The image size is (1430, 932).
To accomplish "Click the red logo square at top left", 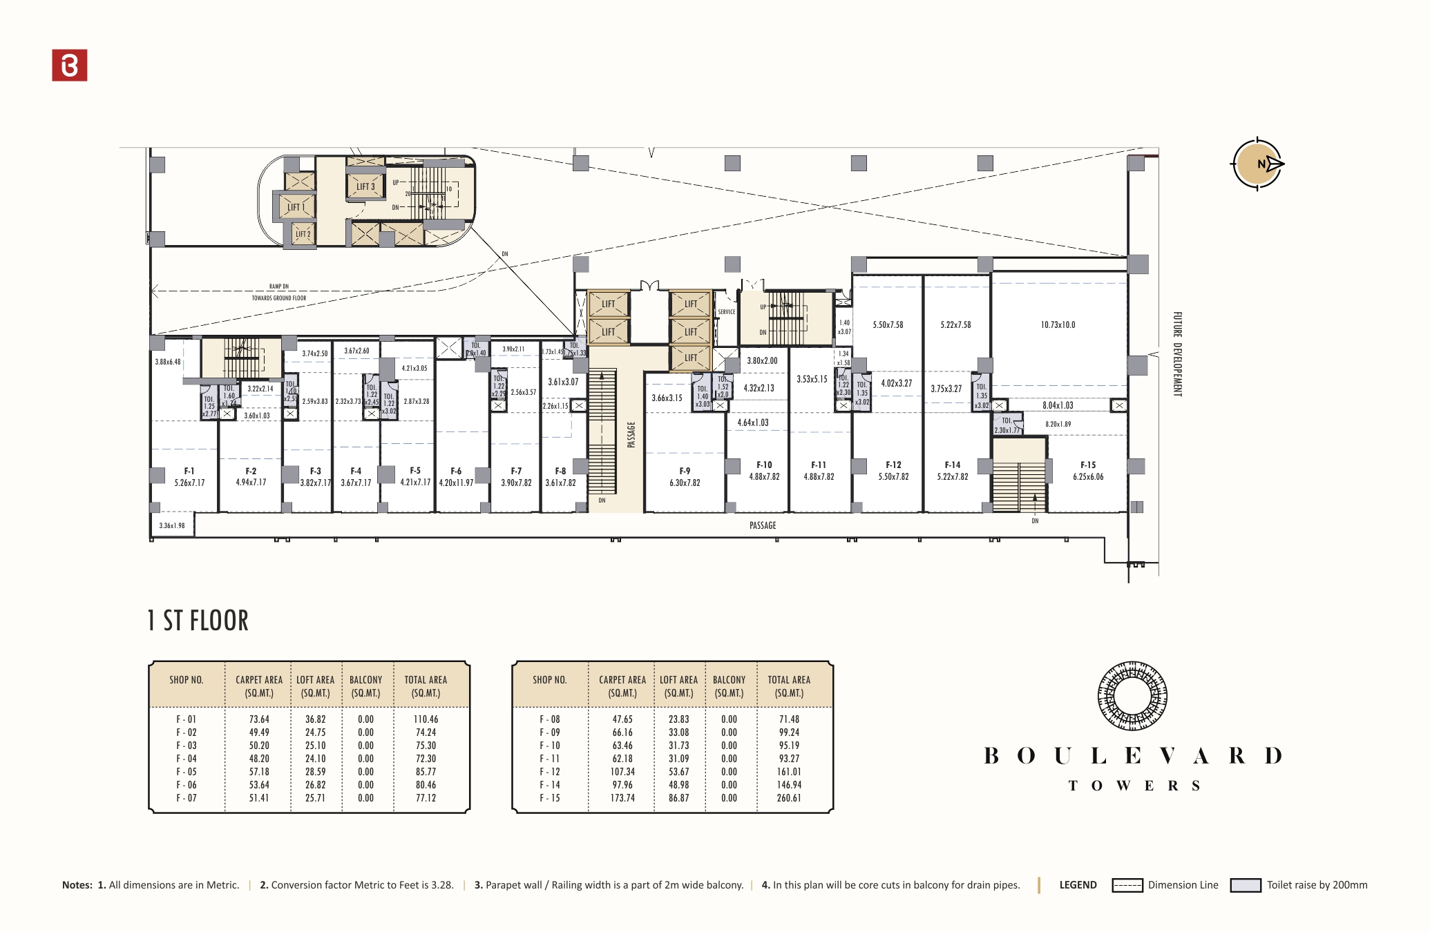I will pos(70,66).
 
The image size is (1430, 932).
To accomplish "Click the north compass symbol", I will pos(1257,164).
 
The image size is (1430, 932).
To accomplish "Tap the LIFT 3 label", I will pos(365,186).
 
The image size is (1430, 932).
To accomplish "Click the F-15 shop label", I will pos(1088,465).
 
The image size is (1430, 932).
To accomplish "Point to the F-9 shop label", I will pos(685,471).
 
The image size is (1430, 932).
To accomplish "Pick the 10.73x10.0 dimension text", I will pos(1058,325).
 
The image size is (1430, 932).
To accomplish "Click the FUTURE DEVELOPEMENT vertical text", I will pos(1177,354).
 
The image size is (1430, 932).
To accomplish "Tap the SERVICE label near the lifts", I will pos(726,312).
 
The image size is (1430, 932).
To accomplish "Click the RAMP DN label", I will pos(279,287).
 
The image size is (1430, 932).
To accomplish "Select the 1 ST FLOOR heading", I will pos(198,621).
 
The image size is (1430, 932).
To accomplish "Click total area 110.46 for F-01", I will pos(426,719).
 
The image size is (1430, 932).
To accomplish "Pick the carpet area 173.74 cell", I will pos(622,798).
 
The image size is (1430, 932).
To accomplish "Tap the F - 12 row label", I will pos(550,772).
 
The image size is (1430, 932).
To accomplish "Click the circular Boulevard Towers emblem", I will pos(1132,696).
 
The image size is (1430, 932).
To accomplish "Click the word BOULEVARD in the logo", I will pos(1133,756).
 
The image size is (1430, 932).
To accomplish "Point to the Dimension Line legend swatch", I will pos(1127,886).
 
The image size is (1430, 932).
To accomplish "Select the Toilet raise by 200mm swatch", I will pos(1246,886).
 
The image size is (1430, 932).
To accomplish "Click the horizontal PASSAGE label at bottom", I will pos(763,525).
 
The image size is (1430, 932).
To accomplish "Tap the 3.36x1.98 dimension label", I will pos(172,526).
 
